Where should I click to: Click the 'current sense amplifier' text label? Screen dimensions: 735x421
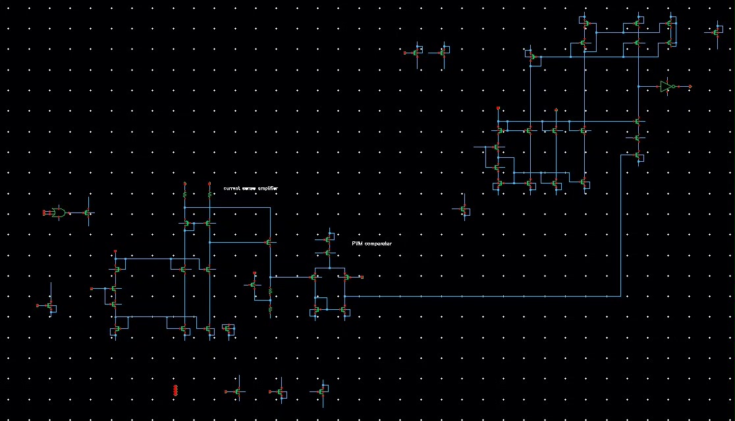[x=250, y=188]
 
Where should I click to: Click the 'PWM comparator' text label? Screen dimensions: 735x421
[x=371, y=243]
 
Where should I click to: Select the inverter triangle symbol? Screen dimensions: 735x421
[x=666, y=86]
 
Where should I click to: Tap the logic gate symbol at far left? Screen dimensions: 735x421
[x=59, y=212]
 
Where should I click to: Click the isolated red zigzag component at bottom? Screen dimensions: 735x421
[x=175, y=391]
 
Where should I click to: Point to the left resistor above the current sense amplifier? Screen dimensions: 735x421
[x=185, y=194]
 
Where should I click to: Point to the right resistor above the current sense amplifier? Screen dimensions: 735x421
[x=209, y=194]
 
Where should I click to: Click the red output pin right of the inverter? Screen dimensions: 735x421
[x=690, y=86]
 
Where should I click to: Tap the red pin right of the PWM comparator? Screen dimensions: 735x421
[x=362, y=277]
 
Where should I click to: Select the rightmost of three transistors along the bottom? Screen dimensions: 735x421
[x=323, y=391]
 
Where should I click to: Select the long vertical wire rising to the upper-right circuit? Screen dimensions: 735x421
[x=621, y=224]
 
